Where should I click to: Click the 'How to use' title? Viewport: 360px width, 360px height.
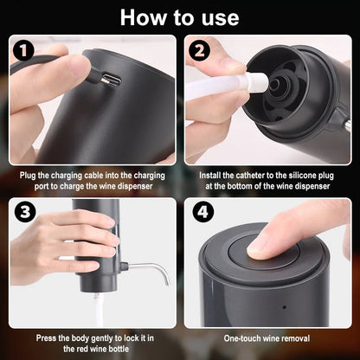pos(179,17)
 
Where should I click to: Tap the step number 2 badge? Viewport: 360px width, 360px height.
pos(201,51)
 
